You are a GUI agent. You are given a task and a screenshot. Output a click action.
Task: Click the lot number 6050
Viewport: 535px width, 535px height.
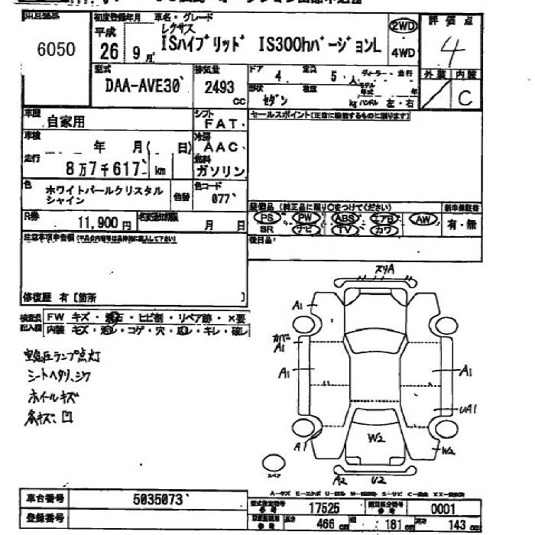pyautogui.click(x=56, y=50)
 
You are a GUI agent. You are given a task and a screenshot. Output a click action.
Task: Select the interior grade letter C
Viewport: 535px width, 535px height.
pyautogui.click(x=465, y=97)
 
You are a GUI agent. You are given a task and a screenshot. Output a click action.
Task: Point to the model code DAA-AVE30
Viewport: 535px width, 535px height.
pyautogui.click(x=141, y=88)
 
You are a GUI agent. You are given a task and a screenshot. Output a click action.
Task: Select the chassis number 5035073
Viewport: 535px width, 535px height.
pyautogui.click(x=157, y=499)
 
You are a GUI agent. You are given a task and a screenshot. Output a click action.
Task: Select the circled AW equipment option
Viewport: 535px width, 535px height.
pyautogui.click(x=422, y=219)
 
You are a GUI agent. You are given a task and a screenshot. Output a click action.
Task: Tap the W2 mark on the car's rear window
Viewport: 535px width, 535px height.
pyautogui.click(x=375, y=438)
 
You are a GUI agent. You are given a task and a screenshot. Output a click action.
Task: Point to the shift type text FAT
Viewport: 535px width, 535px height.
pyautogui.click(x=222, y=122)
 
